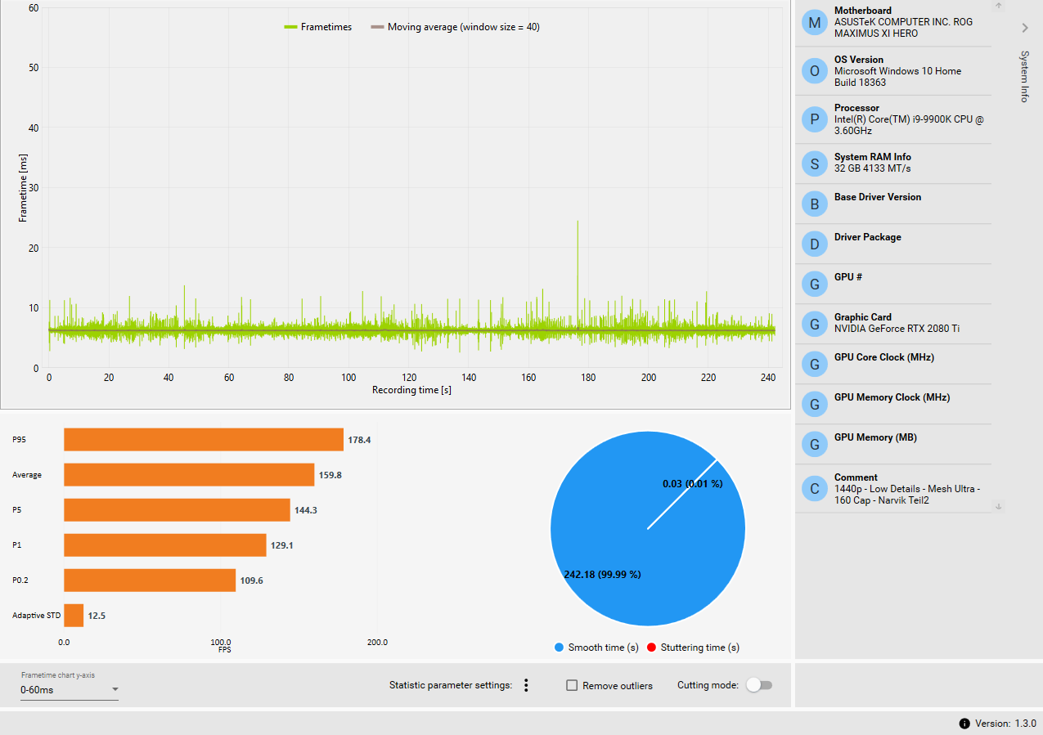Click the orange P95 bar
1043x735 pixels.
pos(203,440)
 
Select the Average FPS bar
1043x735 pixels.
pos(189,475)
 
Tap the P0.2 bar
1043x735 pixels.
pos(150,580)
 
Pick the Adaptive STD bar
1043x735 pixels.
pos(74,616)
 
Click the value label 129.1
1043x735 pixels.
pos(282,545)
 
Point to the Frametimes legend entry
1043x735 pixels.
pos(318,27)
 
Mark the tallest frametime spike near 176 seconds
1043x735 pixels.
pos(578,222)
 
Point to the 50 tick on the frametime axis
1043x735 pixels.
pos(34,68)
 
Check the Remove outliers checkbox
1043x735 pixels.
pos(573,685)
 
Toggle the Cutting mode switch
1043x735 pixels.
pos(759,685)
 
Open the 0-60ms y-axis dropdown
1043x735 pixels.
pos(70,690)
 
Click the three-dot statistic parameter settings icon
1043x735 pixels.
pos(526,685)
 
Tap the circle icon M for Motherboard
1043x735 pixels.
pos(814,23)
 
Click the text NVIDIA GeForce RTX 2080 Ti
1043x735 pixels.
pos(897,329)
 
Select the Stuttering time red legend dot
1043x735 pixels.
pos(652,648)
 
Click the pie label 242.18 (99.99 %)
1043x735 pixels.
pos(602,574)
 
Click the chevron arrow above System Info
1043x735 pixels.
pos(1025,28)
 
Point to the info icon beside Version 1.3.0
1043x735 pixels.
pos(964,724)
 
